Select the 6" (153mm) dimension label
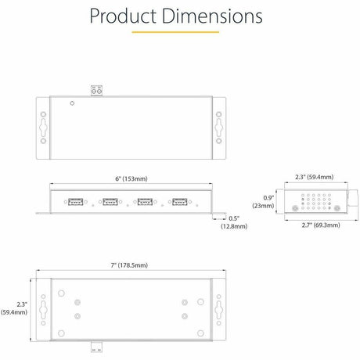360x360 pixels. (130, 178)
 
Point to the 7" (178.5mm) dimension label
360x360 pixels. (130, 265)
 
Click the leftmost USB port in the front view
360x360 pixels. (77, 201)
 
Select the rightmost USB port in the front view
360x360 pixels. (180, 201)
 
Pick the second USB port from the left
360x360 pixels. (111, 201)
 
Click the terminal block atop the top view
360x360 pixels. (99, 91)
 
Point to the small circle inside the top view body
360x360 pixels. (72, 103)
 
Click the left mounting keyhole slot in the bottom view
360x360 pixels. (41, 308)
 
